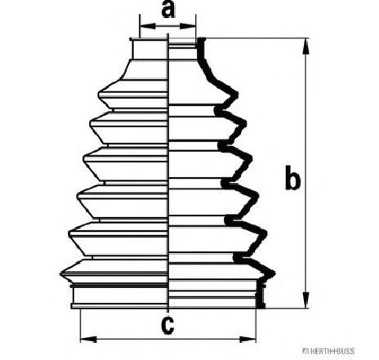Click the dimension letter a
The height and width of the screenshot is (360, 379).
pyautogui.click(x=168, y=9)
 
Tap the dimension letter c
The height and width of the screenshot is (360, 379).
pyautogui.click(x=167, y=325)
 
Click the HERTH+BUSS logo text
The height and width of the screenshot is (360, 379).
pyautogui.click(x=330, y=351)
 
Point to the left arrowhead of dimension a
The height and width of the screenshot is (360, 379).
pyautogui.click(x=147, y=26)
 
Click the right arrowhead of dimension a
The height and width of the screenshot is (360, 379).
pyautogui.click(x=188, y=26)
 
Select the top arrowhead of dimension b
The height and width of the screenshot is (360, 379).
pyautogui.click(x=306, y=47)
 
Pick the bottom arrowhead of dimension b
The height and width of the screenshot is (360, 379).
pyautogui.click(x=306, y=300)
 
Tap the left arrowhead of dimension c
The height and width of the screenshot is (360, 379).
pyautogui.click(x=89, y=340)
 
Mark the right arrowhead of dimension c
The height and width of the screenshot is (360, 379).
pyautogui.click(x=247, y=340)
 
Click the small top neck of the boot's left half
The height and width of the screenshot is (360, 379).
pyautogui.click(x=149, y=49)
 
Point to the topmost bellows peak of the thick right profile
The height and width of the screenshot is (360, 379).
pyautogui.click(x=236, y=95)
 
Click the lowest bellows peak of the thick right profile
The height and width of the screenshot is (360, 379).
pyautogui.click(x=273, y=273)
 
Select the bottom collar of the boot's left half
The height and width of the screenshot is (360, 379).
pyautogui.click(x=119, y=296)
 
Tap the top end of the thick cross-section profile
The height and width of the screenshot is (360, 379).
pyautogui.click(x=201, y=39)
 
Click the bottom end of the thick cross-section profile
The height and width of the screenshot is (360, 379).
pyautogui.click(x=261, y=307)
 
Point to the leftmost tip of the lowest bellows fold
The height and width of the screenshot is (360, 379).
pyautogui.click(x=60, y=273)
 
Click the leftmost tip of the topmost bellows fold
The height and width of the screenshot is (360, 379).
pyautogui.click(x=98, y=94)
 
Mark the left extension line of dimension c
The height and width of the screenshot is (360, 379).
pyautogui.click(x=81, y=326)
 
